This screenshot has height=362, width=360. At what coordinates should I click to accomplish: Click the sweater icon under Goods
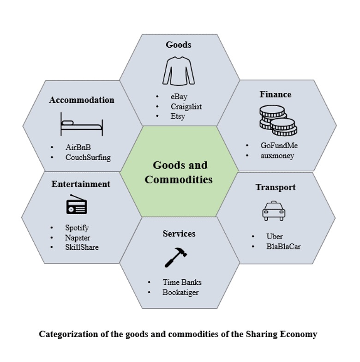178,71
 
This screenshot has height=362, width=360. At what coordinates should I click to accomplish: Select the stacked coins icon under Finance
278,120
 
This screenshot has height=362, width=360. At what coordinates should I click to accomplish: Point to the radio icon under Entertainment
77,204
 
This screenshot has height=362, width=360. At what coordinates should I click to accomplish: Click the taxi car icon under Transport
274,211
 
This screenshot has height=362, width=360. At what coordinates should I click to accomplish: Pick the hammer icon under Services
176,258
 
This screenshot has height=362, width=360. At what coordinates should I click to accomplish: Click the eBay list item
179,97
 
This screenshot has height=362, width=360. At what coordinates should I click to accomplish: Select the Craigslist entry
186,107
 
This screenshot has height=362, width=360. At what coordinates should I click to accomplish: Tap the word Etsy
178,116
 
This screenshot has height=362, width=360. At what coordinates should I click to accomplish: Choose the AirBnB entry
78,147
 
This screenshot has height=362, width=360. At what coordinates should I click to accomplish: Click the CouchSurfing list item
88,157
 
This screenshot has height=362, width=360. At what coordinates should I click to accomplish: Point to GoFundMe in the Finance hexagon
279,145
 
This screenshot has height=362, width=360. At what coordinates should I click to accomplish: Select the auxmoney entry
277,156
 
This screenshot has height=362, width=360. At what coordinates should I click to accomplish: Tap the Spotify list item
77,228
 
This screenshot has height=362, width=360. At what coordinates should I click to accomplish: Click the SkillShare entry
82,247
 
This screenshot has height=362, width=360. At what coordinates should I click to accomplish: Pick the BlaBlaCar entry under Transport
283,247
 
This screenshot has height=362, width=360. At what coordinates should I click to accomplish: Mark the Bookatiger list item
180,293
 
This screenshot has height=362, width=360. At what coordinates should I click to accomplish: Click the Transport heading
276,187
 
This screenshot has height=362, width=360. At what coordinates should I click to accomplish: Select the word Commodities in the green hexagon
179,180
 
